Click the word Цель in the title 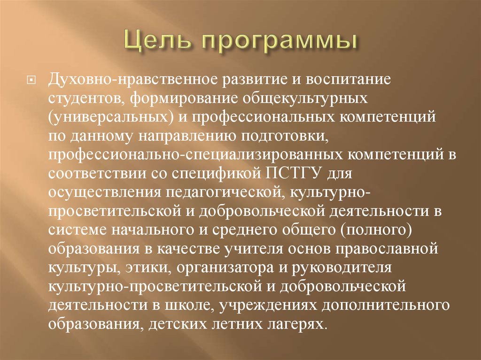pos(151,42)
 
